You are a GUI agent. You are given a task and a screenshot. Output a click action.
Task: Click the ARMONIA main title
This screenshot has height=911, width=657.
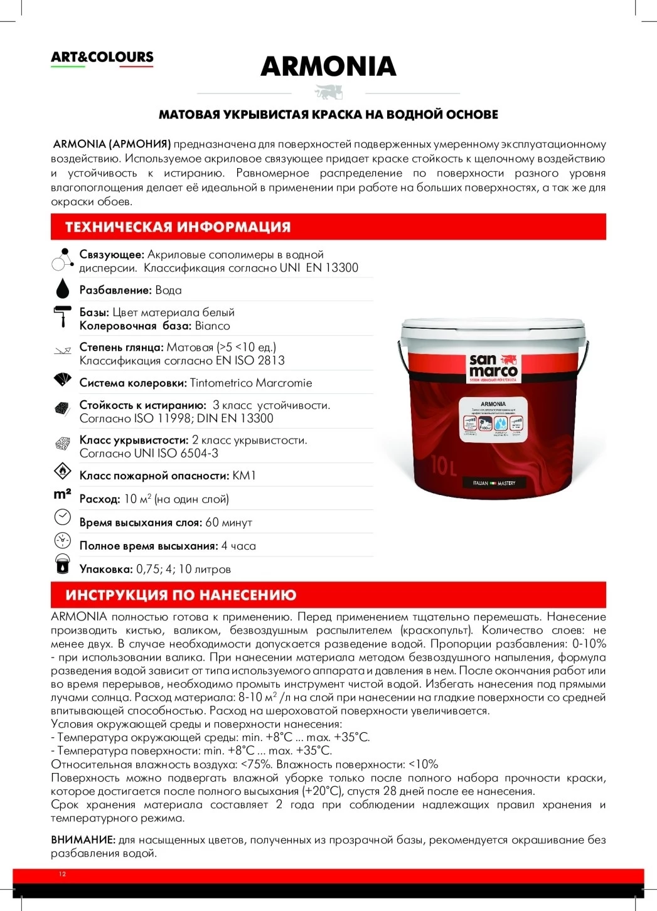pyautogui.click(x=328, y=67)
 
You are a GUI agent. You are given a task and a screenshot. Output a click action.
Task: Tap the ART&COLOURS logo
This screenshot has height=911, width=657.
pyautogui.click(x=102, y=57)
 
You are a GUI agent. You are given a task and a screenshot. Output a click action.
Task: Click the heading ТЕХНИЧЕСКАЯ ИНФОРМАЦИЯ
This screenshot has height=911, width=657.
pyautogui.click(x=178, y=227)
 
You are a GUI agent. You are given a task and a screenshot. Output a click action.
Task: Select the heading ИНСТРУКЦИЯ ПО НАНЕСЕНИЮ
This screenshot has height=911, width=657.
pyautogui.click(x=181, y=595)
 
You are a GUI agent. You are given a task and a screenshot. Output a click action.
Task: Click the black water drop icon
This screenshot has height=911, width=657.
pyautogui.click(x=62, y=289)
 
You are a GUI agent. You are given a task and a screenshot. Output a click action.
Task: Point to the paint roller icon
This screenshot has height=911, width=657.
pyautogui.click(x=62, y=316)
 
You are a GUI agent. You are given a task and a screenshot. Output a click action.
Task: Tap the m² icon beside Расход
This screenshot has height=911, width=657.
pyautogui.click(x=62, y=494)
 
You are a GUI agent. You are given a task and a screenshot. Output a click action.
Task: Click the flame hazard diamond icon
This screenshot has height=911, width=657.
pyautogui.click(x=62, y=471)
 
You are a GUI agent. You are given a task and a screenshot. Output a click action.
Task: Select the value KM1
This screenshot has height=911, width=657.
pyautogui.click(x=244, y=476)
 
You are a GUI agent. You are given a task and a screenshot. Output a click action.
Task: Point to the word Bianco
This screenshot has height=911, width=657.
pyautogui.click(x=212, y=326)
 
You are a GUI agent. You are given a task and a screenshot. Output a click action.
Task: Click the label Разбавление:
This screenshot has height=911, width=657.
pyautogui.click(x=115, y=290)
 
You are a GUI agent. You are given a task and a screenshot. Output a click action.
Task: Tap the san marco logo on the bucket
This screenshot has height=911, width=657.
pyautogui.click(x=494, y=368)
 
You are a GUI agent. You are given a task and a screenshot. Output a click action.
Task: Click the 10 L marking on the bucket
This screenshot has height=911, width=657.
pyautogui.click(x=444, y=466)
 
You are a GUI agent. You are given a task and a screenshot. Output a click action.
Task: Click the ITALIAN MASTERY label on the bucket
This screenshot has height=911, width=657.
pyautogui.click(x=493, y=483)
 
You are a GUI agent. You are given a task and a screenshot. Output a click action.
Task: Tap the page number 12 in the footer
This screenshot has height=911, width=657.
pyautogui.click(x=62, y=874)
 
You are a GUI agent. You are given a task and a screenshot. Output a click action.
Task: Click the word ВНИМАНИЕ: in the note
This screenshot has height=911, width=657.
pyautogui.click(x=83, y=839)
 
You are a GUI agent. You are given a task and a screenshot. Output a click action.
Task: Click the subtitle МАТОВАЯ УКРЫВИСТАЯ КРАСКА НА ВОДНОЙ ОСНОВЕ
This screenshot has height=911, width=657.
pyautogui.click(x=328, y=115)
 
